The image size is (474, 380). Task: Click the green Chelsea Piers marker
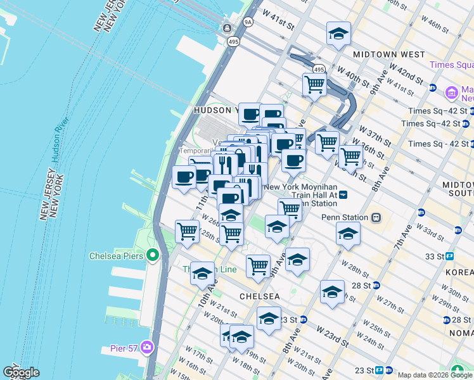coord(152,256)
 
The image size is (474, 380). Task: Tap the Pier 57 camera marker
coord(147,346)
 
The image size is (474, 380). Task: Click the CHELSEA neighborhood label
coord(259,296)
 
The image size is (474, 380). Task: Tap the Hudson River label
coord(60,140)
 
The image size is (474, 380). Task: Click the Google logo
coord(21,372)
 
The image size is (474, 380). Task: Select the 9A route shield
coord(247,22)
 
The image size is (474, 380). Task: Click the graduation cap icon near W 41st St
coord(338,34)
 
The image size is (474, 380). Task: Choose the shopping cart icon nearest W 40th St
coord(314,84)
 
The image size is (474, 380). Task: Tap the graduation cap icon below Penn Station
coord(347,235)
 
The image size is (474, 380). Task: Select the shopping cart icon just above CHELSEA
coord(258,266)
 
